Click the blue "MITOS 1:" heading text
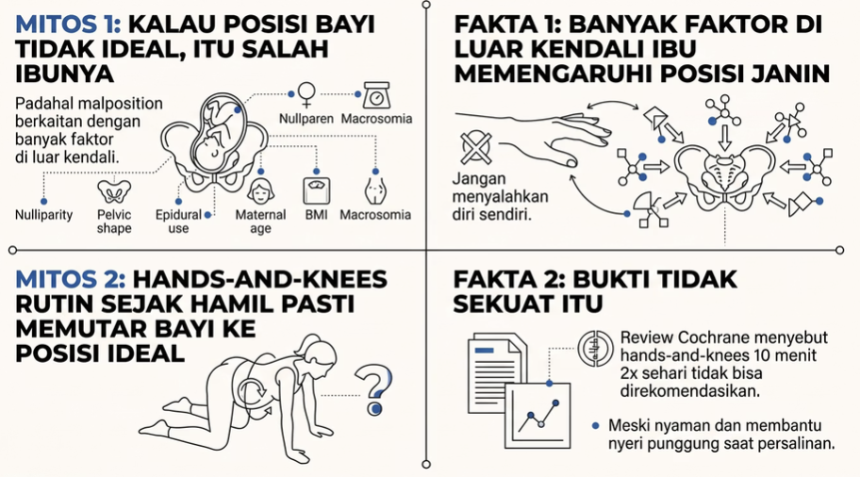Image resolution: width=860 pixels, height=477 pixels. pos(68,25)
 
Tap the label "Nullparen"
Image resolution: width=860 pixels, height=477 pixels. pos(306,119)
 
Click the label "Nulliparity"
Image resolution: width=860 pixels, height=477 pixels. pos(44,215)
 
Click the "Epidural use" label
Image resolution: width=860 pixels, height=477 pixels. pos(178,222)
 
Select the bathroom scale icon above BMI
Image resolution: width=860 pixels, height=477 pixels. pos(317,191)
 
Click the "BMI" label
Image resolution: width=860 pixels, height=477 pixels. pos(317,215)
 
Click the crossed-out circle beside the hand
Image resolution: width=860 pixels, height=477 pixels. pos(476,147)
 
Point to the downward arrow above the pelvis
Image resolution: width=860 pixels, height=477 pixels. pos(725,138)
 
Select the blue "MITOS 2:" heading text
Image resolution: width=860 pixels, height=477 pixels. pos(70,280)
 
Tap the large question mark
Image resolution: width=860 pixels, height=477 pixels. pos(374,390)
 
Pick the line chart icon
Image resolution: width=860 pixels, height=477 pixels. pos(537,416)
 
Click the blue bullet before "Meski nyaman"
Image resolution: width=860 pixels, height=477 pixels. pos(596,426)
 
